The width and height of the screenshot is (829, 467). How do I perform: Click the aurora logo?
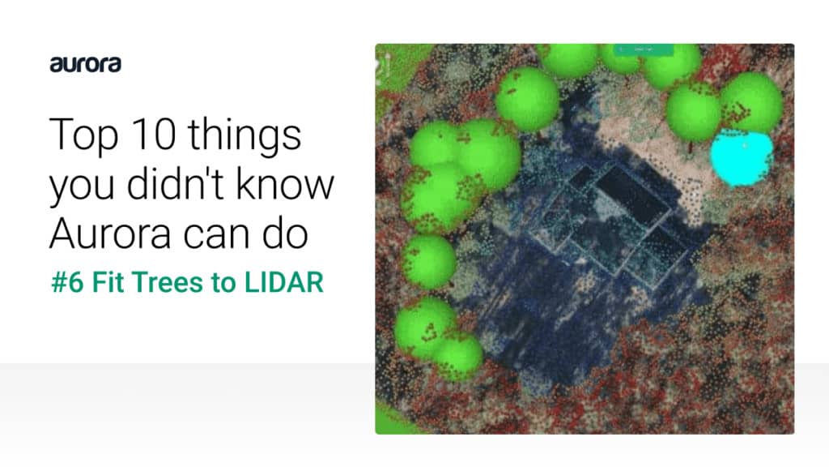pos(85,64)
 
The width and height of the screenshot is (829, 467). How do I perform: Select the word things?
pos(244,136)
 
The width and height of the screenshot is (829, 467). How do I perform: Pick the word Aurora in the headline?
pos(110,233)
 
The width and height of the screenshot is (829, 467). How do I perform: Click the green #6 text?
pos(67,281)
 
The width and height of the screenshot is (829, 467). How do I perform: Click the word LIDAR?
pos(283,281)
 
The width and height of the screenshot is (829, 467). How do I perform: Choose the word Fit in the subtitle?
pos(108,281)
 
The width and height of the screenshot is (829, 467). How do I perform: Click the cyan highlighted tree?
pos(742,158)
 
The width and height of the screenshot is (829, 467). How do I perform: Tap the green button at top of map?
pos(644,49)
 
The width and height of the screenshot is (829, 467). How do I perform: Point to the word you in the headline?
pos(82,187)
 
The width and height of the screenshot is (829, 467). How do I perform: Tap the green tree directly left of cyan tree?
pos(693,112)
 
